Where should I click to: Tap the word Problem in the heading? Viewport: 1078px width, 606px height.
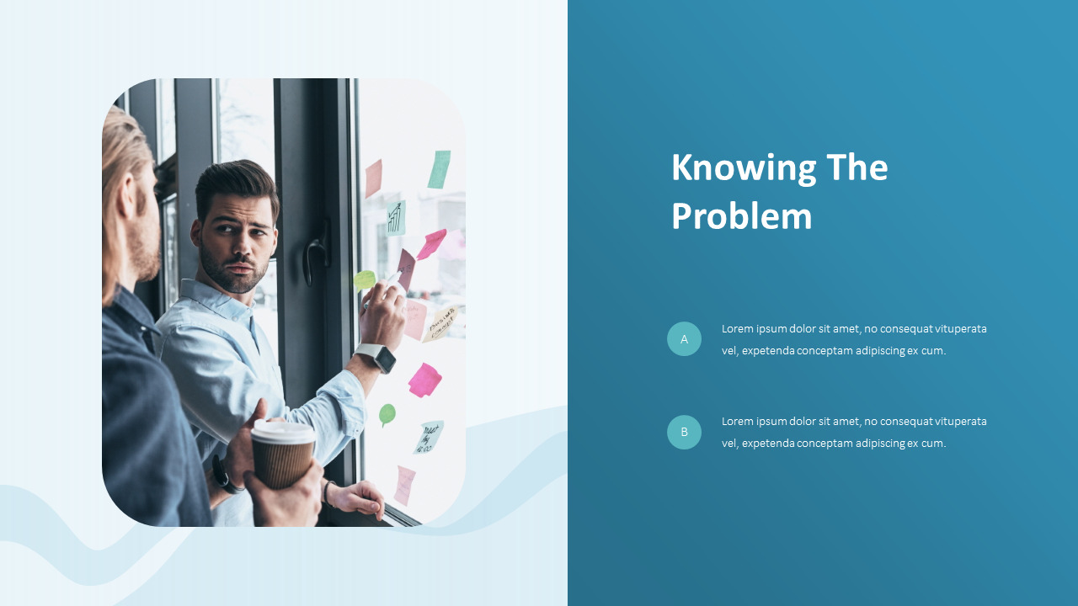coord(741,216)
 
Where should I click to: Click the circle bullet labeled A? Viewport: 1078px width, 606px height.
coord(684,339)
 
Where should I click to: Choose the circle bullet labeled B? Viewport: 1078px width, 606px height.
coord(684,432)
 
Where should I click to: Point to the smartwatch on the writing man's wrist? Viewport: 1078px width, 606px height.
coord(376,358)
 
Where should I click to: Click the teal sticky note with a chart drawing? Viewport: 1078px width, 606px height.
coord(396,218)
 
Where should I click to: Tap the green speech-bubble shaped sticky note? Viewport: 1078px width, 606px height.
coord(387,414)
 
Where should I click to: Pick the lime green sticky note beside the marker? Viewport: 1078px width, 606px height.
coord(364,279)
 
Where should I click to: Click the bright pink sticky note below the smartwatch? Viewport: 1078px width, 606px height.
coord(424,380)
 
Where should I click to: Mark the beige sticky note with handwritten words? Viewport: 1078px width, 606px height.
coord(441,324)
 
